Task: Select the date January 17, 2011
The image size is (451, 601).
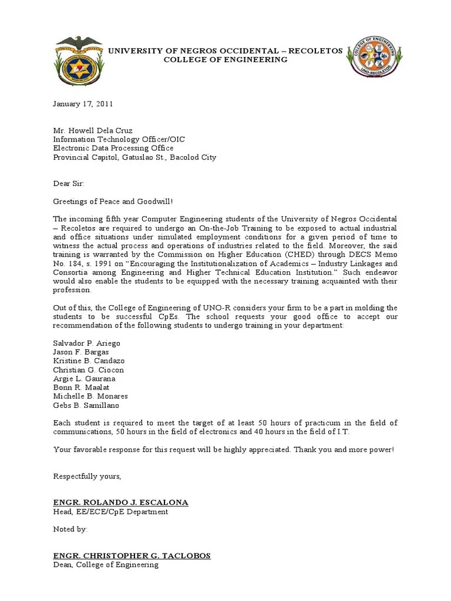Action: click(83, 104)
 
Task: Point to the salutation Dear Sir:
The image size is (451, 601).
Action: click(69, 184)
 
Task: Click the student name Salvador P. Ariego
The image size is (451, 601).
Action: click(87, 343)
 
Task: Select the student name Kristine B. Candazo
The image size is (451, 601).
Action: click(89, 360)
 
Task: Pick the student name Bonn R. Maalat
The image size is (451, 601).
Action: click(81, 387)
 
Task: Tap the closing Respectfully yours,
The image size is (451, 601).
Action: click(87, 476)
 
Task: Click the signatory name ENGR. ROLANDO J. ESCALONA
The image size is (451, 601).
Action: click(121, 502)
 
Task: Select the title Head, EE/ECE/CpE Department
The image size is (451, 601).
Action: click(110, 512)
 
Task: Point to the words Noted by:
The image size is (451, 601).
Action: click(70, 529)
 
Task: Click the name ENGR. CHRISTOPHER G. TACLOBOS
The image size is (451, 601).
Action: click(132, 555)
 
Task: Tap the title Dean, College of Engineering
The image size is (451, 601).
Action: click(106, 565)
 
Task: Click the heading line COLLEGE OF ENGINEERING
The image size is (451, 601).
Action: click(225, 60)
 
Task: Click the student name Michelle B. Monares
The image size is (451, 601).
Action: click(90, 396)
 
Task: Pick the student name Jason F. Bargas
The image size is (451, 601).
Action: click(81, 352)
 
